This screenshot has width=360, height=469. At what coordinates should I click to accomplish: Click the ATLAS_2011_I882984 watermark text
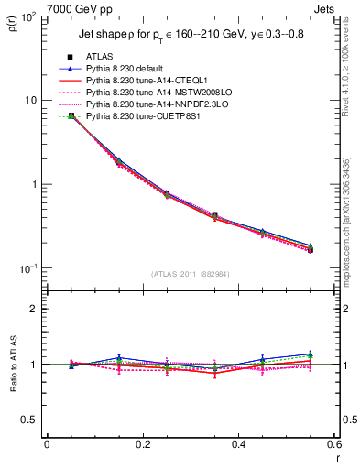190,274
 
